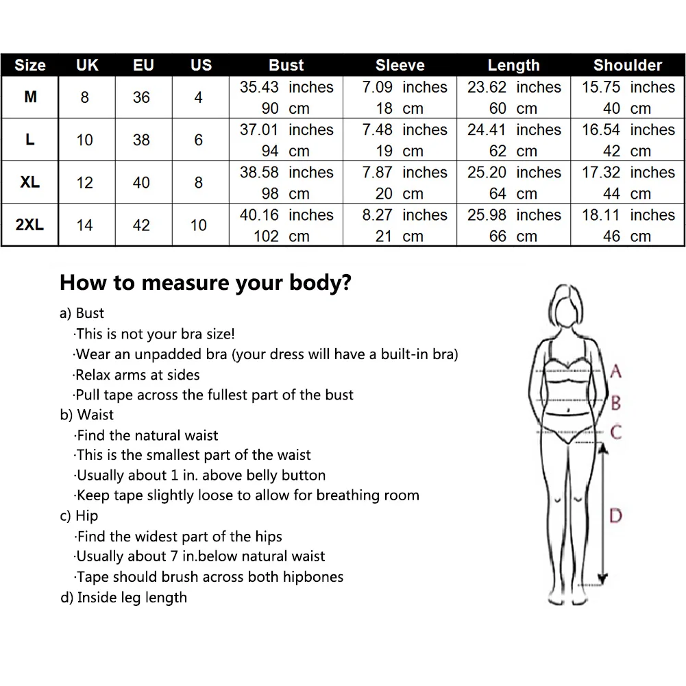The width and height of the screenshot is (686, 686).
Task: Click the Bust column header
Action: (x=286, y=65)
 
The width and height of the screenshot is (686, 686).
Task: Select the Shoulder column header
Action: (x=627, y=65)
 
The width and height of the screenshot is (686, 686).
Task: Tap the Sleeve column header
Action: (x=400, y=65)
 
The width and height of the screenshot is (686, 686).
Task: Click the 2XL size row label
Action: (x=29, y=224)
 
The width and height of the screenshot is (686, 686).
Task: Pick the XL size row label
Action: (x=29, y=182)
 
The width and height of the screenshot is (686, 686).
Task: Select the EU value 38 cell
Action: (x=141, y=140)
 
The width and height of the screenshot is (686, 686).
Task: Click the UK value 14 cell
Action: (x=84, y=225)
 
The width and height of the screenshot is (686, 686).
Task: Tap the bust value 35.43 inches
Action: (x=286, y=87)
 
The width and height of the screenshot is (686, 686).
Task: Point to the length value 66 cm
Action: (x=513, y=236)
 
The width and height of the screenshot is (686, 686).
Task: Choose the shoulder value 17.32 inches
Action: (x=628, y=173)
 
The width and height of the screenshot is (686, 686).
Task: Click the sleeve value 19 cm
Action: (x=400, y=151)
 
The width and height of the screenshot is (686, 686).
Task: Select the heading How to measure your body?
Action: (x=205, y=282)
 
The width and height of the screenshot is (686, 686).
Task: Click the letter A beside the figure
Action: (x=615, y=371)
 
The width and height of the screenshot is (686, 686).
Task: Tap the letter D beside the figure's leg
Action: (x=615, y=515)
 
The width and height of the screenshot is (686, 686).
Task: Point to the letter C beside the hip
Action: (x=616, y=432)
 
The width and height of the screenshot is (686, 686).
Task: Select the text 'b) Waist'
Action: (x=86, y=415)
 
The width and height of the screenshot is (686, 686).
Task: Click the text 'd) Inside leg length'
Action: (x=124, y=597)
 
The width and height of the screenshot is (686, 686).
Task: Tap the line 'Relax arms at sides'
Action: (x=137, y=375)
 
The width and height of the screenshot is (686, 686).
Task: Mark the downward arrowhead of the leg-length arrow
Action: (x=602, y=579)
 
